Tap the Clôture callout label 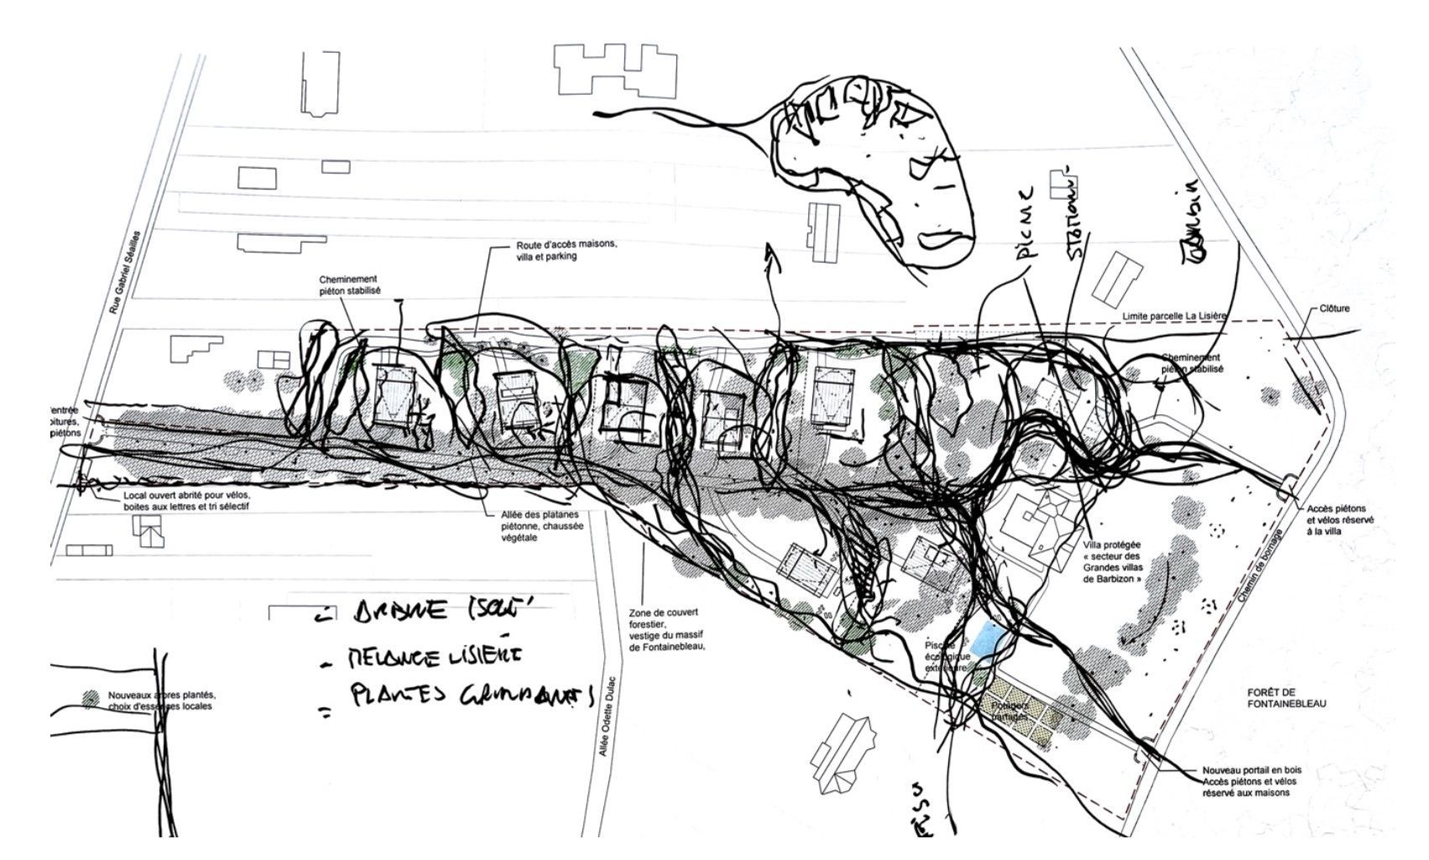(1334, 309)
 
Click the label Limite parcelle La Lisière (1174, 316)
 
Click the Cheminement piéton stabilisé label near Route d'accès (349, 285)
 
